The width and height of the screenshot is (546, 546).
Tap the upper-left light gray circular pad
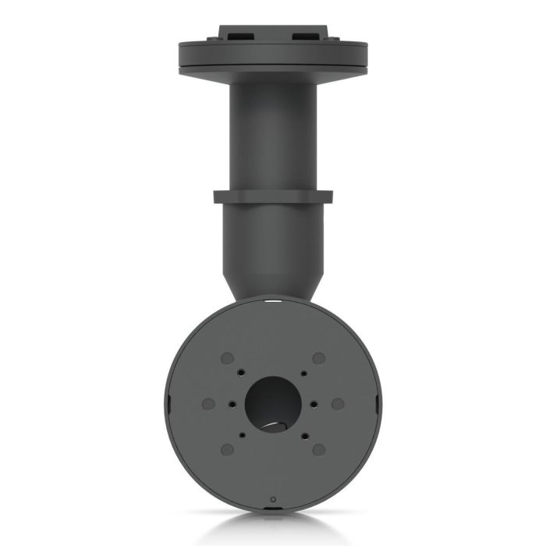(x=227, y=358)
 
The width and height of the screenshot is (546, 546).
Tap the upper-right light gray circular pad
(x=318, y=358)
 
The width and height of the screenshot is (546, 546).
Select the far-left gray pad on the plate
(x=207, y=404)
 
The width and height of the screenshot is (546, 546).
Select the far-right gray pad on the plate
(x=337, y=404)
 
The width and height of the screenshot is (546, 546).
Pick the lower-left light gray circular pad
(x=227, y=449)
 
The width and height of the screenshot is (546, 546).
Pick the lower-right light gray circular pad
(x=318, y=449)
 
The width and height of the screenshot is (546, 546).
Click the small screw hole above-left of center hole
(x=243, y=374)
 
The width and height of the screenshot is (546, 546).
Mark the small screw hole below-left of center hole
(x=243, y=434)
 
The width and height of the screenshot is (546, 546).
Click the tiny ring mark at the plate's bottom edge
(x=271, y=498)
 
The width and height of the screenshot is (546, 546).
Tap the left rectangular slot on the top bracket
(x=238, y=36)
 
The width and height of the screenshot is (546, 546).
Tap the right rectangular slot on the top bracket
(x=307, y=36)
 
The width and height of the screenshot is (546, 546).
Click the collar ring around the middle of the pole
(x=272, y=197)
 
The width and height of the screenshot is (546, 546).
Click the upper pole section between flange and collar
(x=272, y=133)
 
